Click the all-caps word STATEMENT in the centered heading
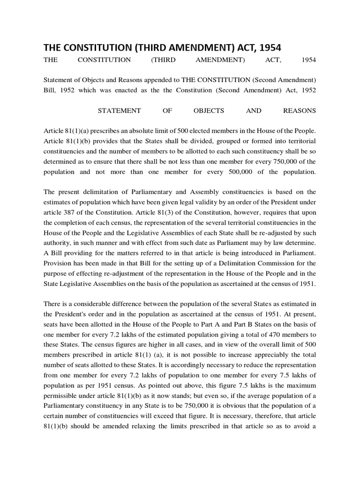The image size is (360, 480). pyautogui.click(x=119, y=111)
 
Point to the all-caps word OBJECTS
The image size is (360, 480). pyautogui.click(x=209, y=111)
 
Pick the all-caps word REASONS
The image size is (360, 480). pyautogui.click(x=300, y=111)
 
